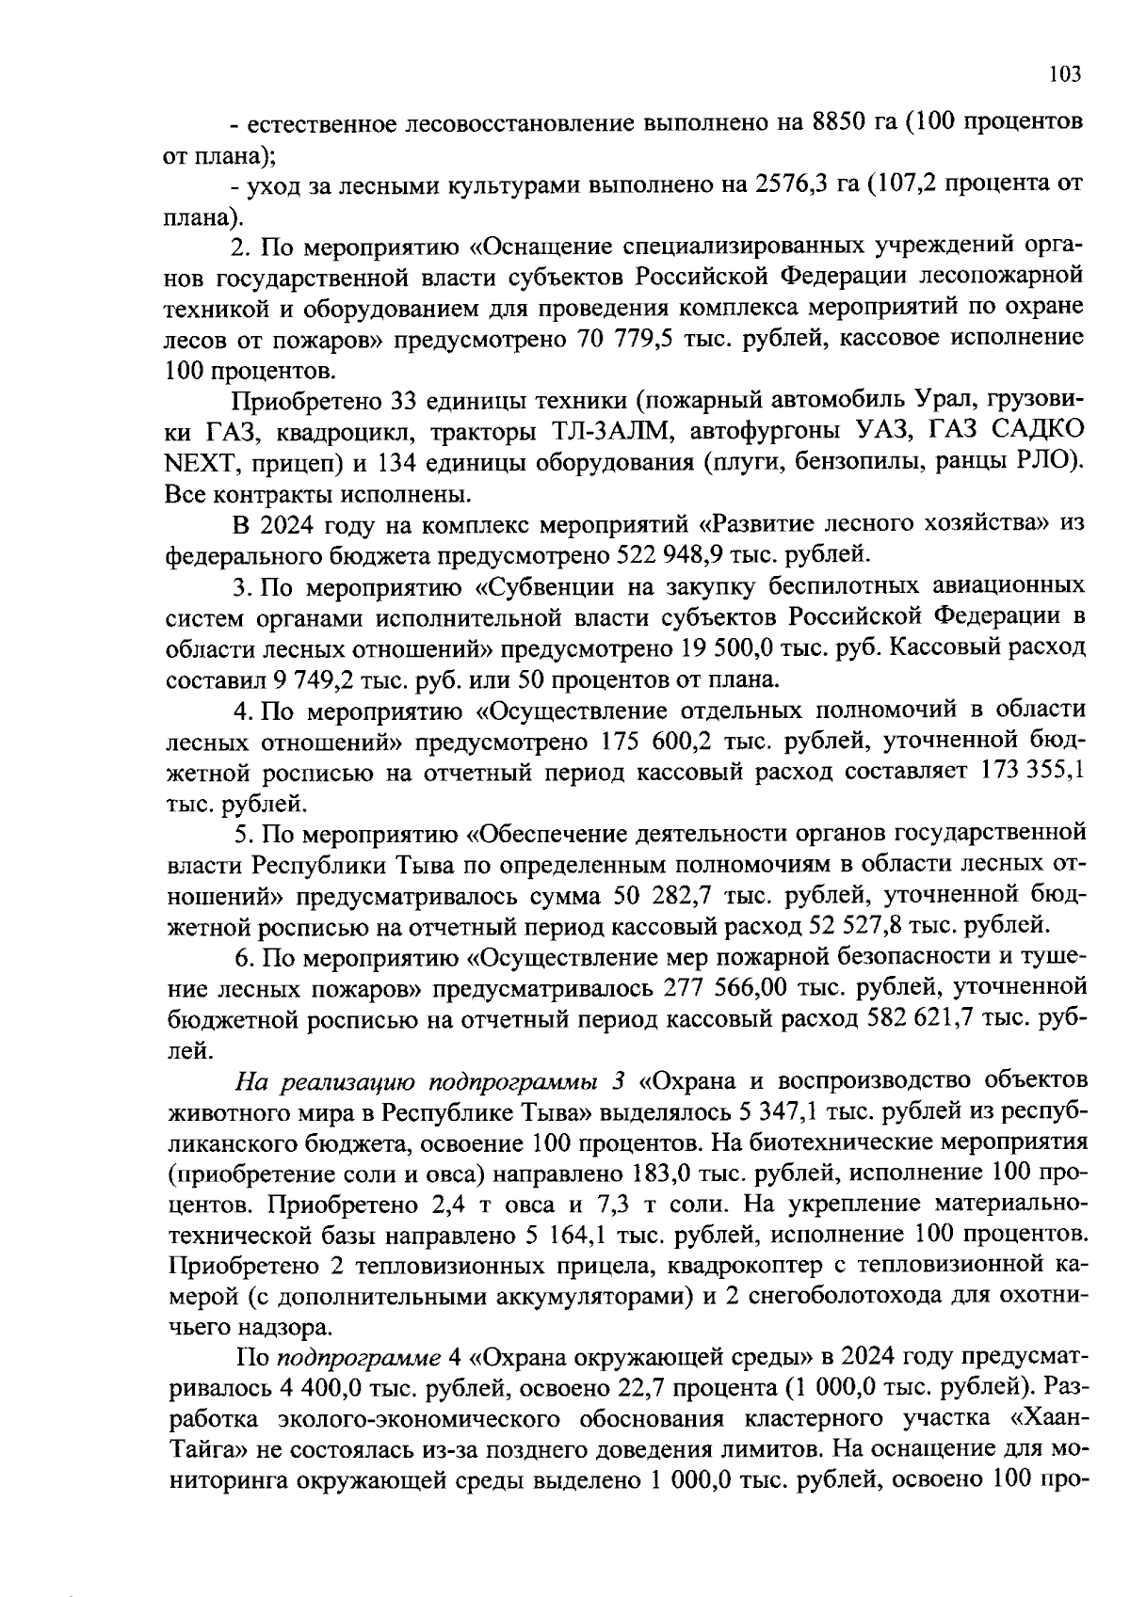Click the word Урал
coord(969,399)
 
